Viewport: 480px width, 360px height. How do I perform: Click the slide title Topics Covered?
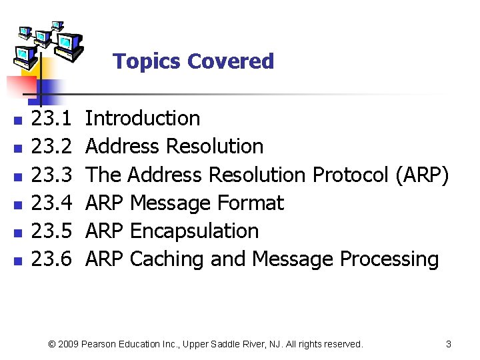[193, 61]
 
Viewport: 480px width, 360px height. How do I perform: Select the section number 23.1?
[52, 119]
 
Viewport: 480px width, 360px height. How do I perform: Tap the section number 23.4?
[52, 203]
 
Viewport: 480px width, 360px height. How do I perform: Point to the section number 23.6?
[52, 259]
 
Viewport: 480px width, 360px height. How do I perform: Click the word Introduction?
[143, 119]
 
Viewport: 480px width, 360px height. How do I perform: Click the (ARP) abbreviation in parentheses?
[422, 175]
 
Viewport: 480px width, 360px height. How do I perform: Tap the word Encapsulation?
[194, 231]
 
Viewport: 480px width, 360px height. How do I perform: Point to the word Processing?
[389, 259]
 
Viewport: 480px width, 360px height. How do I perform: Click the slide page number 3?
[449, 344]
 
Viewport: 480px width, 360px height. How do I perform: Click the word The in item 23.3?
[104, 175]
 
